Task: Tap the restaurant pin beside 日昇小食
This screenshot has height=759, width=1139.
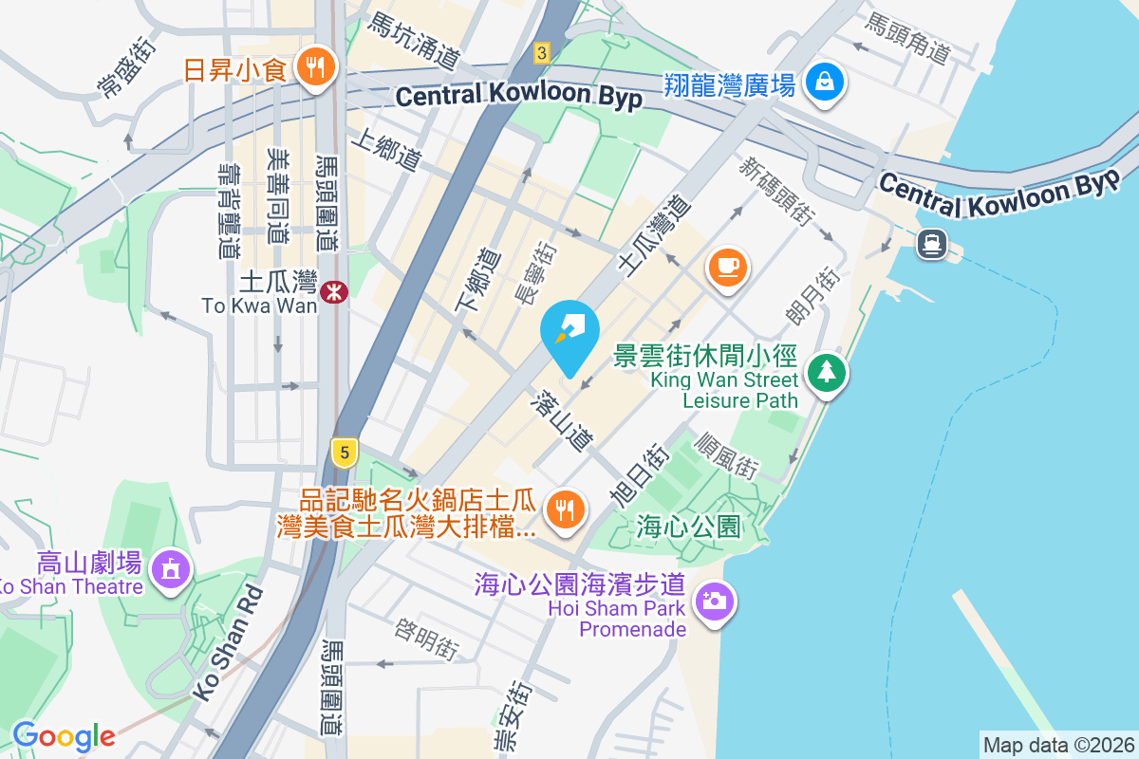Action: [x=313, y=66]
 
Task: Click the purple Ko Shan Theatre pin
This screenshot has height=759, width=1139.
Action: [x=171, y=568]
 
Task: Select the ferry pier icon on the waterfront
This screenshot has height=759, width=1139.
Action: [x=930, y=244]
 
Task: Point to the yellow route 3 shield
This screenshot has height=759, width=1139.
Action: [x=541, y=52]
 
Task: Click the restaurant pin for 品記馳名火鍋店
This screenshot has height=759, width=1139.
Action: [x=567, y=510]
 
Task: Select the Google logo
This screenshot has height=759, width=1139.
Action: [x=64, y=736]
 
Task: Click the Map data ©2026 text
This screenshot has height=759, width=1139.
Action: [x=1058, y=745]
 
